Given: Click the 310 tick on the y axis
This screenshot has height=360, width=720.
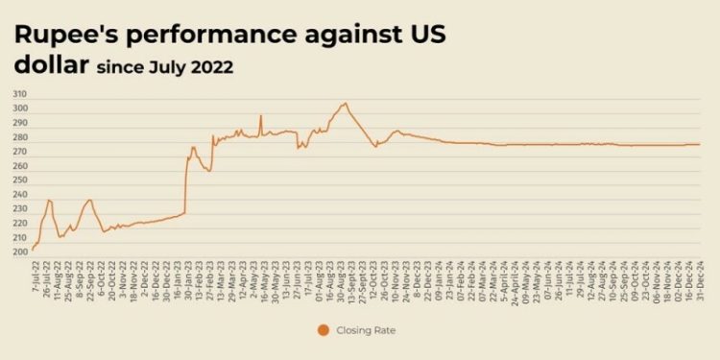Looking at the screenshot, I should coord(20,94).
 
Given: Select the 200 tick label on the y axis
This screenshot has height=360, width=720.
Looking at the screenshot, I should coord(20,252).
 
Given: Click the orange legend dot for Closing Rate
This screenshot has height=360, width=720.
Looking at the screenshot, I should coord(323,330).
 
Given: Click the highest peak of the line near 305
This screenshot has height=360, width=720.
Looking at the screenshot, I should coord(345,103).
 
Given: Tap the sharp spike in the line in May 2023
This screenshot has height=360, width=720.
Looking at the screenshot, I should coord(260,116).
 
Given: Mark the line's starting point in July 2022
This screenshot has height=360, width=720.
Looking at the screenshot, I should coord(33,250).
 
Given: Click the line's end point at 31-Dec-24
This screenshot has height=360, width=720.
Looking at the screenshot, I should coord(700,144).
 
